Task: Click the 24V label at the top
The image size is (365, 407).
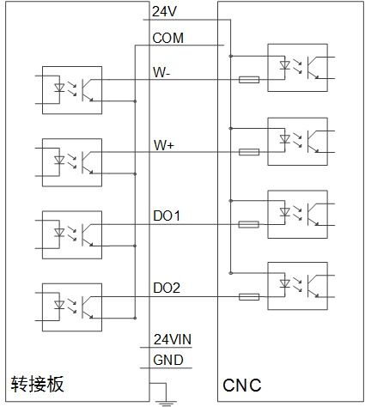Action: [165, 11]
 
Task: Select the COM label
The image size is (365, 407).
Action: [168, 38]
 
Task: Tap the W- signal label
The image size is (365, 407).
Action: [161, 72]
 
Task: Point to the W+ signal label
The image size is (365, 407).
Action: [164, 145]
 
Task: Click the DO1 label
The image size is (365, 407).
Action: [167, 216]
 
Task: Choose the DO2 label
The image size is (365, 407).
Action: [167, 288]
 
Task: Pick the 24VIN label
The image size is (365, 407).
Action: [173, 339]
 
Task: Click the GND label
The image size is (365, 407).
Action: [168, 360]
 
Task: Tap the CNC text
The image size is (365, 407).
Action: [242, 386]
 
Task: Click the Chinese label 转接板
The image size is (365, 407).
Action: [37, 384]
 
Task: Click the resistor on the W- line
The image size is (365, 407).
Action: [249, 80]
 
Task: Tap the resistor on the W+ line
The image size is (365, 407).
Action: [249, 152]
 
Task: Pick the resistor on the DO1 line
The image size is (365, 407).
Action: [249, 224]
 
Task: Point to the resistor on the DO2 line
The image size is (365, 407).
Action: [249, 297]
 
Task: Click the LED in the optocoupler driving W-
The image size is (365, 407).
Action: [59, 88]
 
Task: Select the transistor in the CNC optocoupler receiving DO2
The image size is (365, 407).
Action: [313, 286]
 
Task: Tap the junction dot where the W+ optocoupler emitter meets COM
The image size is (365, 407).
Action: [135, 173]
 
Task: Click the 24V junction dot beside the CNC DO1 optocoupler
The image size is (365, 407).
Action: [231, 201]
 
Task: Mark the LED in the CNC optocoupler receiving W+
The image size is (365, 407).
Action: [284, 139]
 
